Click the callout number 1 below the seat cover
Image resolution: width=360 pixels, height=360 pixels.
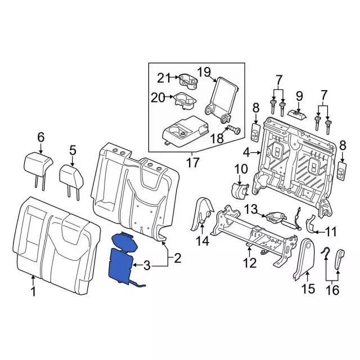pos(33,291)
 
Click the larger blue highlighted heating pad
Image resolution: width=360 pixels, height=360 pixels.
pos(121,264)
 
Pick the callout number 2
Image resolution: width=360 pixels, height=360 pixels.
pos(177,258)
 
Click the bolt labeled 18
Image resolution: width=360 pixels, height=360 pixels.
pos(232,131)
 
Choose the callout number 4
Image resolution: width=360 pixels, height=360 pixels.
pos(246,152)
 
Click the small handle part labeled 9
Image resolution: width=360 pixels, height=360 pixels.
pos(298,114)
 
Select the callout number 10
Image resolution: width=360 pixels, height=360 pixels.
pos(240,168)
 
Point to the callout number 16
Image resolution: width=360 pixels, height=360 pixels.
pos(332,290)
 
